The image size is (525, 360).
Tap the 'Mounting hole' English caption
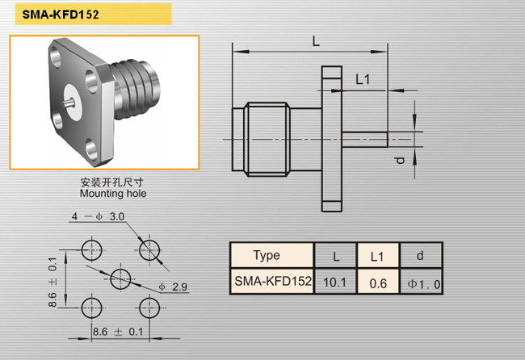pyautogui.click(x=113, y=194)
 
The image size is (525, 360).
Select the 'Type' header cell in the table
pyautogui.click(x=267, y=256)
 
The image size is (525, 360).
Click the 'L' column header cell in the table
pyautogui.click(x=335, y=256)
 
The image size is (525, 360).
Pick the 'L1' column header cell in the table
pyautogui.click(x=377, y=256)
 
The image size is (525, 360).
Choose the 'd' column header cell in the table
pyautogui.click(x=422, y=256)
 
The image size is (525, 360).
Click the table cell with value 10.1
pyautogui.click(x=335, y=282)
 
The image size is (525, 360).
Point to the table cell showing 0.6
pyautogui.click(x=377, y=282)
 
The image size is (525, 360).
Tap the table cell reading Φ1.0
pyautogui.click(x=422, y=282)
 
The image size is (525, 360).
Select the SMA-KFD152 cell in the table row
pyautogui.click(x=271, y=282)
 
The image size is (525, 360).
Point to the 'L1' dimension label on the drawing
pyautogui.click(x=363, y=79)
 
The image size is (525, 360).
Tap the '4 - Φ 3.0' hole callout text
pyautogui.click(x=98, y=217)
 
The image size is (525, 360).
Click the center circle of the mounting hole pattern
pyautogui.click(x=120, y=278)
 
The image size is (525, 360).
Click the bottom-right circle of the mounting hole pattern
pyautogui.click(x=149, y=308)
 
